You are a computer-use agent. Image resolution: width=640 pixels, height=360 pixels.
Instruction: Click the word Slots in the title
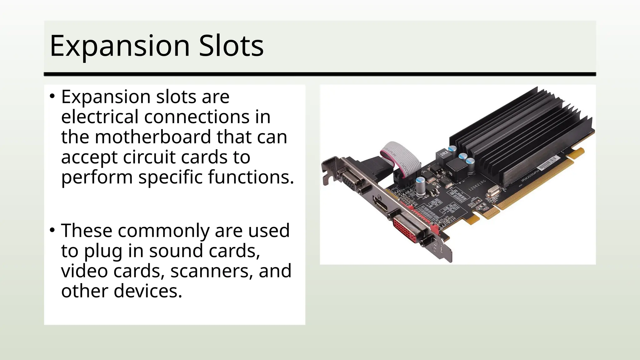231,46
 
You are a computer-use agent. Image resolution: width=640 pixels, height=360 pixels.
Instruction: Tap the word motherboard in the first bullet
152,137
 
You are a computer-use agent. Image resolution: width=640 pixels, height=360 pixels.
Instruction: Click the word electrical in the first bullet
100,117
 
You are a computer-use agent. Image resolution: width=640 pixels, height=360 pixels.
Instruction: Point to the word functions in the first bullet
251,177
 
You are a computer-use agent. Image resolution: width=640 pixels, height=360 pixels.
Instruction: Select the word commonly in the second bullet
163,231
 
